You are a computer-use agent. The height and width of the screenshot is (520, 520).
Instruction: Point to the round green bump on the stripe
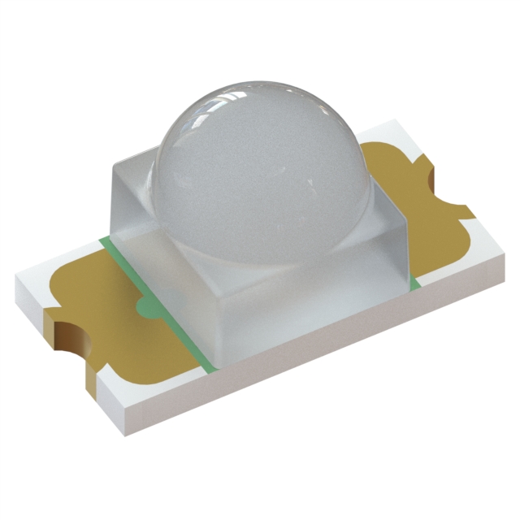(146, 307)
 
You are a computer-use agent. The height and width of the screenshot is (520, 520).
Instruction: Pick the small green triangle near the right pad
(414, 280)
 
